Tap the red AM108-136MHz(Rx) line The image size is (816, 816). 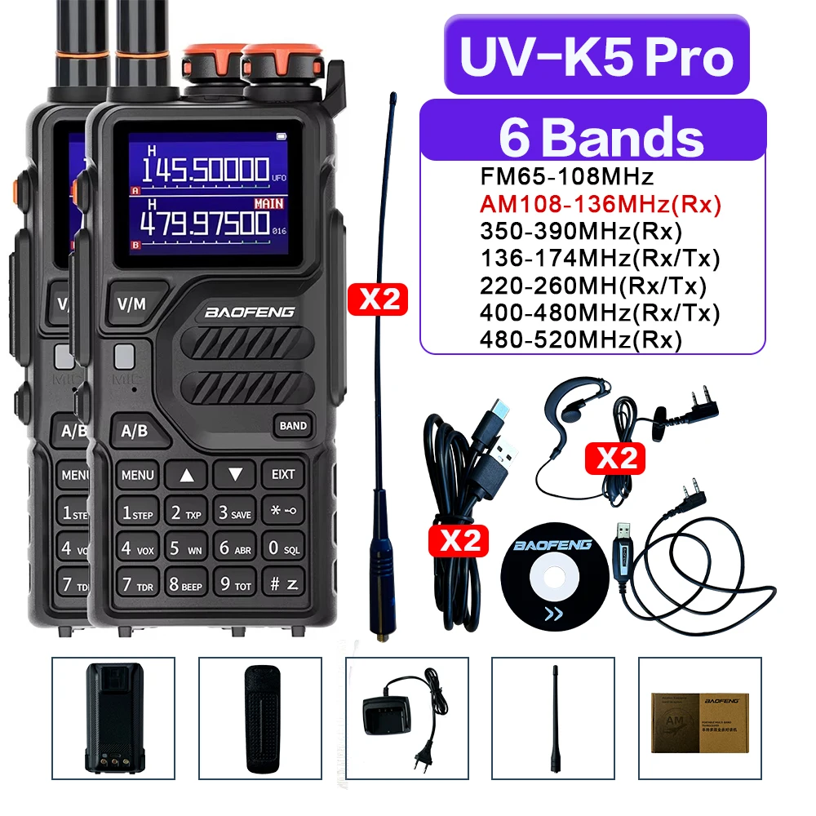click(x=601, y=204)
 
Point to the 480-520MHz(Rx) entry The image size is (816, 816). click(x=581, y=339)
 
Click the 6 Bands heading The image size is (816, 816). click(x=601, y=137)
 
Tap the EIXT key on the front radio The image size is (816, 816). click(x=282, y=474)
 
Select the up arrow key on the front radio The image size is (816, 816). click(x=187, y=474)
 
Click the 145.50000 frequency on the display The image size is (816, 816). click(x=206, y=171)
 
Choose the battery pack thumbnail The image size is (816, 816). click(x=113, y=716)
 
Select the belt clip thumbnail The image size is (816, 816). click(x=259, y=716)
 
